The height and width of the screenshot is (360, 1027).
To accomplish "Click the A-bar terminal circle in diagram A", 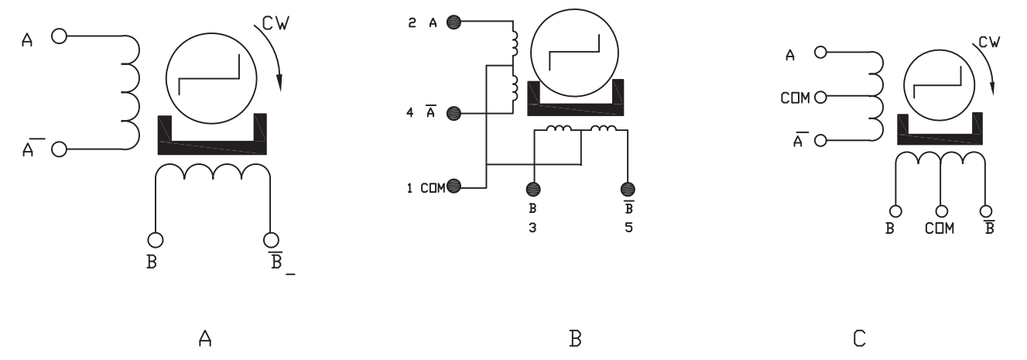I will pos(59,149).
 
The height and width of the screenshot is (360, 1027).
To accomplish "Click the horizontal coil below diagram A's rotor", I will pos(213,172).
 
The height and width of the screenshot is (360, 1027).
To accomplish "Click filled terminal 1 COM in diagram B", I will pos(454,186).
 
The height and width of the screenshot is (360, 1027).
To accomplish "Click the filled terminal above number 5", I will pos(628,188).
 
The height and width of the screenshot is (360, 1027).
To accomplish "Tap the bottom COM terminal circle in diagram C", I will pos(942,210).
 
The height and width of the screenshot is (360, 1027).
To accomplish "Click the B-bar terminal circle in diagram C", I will pos(986,210).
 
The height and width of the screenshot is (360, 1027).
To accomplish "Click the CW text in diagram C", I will pos(988,44).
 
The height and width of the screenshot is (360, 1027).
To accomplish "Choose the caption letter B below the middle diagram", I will pos(575,338).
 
